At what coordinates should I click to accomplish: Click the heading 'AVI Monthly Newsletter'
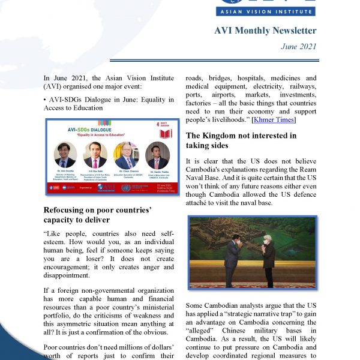(265, 31)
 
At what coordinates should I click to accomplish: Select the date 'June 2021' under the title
(299, 46)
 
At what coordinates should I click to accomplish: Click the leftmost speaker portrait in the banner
(65, 155)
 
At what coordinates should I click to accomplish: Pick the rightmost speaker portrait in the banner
(157, 155)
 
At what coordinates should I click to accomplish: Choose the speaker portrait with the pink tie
(95, 154)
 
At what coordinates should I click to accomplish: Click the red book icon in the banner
(166, 132)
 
